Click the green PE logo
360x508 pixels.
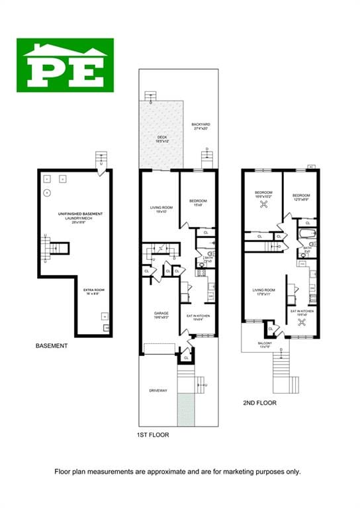pyautogui.click(x=65, y=65)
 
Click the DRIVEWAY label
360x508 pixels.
pyautogui.click(x=158, y=391)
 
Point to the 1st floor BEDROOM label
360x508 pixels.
pyautogui.click(x=198, y=201)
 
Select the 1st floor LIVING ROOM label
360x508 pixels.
pyautogui.click(x=161, y=209)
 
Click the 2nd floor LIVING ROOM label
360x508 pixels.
pyautogui.click(x=264, y=290)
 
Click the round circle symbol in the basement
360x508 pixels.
pyautogui.click(x=47, y=193)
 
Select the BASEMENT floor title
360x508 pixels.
pyautogui.click(x=51, y=345)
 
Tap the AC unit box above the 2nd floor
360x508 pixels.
pyautogui.click(x=311, y=167)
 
